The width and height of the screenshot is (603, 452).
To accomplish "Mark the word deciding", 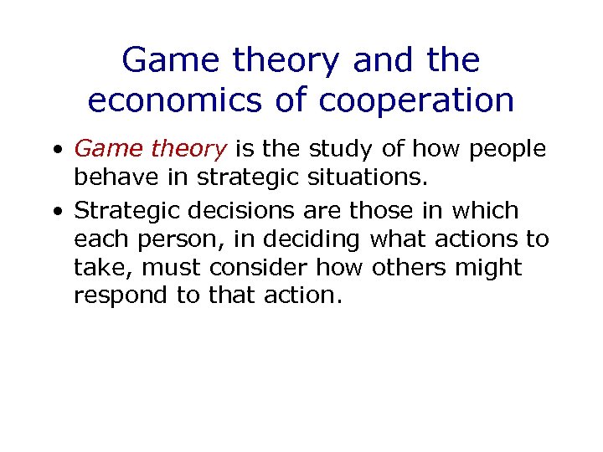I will [313, 239].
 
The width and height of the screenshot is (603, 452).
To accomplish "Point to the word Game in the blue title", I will [171, 60].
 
